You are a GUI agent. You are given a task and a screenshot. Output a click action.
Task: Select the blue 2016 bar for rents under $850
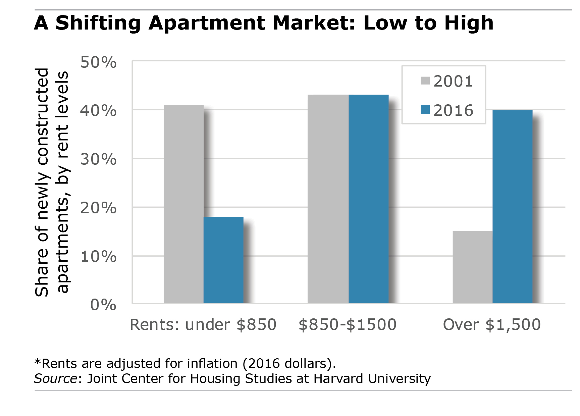coord(223,260)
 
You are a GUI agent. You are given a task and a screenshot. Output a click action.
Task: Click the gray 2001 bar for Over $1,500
coord(472,267)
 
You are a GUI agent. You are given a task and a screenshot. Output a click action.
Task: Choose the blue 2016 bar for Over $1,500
coord(512,207)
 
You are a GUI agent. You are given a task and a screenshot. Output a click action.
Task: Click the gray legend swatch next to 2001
coord(425,81)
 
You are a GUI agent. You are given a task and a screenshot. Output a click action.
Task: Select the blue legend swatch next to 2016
coord(425,110)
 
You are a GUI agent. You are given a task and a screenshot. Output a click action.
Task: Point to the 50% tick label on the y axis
coord(98,62)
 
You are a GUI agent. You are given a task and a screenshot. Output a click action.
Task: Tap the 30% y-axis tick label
coord(98,159)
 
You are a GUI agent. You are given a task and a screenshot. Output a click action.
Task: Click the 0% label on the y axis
coord(103,305)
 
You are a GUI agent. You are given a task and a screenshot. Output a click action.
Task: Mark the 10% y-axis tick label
coord(98,257)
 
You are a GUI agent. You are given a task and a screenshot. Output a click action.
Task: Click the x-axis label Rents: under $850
coord(203,325)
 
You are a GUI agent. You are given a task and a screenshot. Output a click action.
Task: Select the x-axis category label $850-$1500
coord(348,325)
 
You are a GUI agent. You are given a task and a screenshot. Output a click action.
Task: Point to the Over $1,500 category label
coord(492,325)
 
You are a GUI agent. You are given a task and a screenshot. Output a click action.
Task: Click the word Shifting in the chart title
coord(98,23)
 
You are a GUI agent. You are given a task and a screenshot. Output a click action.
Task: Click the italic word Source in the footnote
coord(56,378)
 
